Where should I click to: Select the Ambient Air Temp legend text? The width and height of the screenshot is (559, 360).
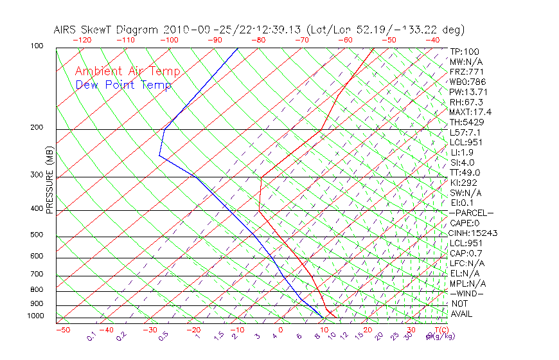[x=128, y=71]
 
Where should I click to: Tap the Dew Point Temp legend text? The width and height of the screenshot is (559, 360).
[x=123, y=85]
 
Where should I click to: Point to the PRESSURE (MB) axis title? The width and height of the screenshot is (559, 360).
[x=49, y=179]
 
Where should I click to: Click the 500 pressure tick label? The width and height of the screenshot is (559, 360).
[x=37, y=235]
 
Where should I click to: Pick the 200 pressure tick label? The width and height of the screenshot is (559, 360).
[x=37, y=128]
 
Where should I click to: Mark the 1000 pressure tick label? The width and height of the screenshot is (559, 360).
[x=35, y=316]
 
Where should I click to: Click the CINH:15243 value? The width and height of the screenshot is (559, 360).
[x=474, y=233]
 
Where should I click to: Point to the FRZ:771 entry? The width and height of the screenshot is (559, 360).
[x=467, y=72]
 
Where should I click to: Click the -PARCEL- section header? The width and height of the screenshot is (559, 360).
[x=472, y=213]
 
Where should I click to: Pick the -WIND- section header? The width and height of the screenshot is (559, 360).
[x=467, y=293]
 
